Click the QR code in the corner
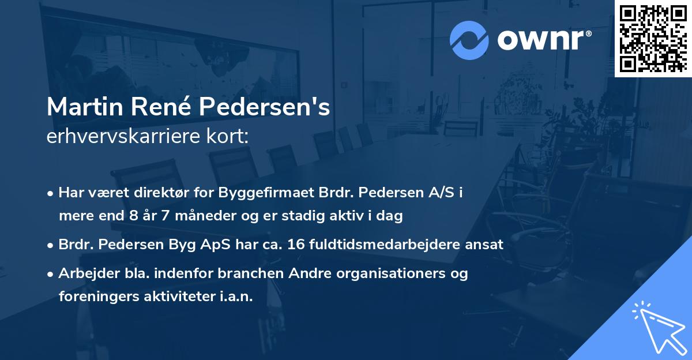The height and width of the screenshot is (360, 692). (653, 39)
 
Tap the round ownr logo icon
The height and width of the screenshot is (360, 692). (469, 40)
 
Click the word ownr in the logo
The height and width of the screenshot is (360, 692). (543, 40)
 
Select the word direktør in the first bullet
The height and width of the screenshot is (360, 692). (154, 193)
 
